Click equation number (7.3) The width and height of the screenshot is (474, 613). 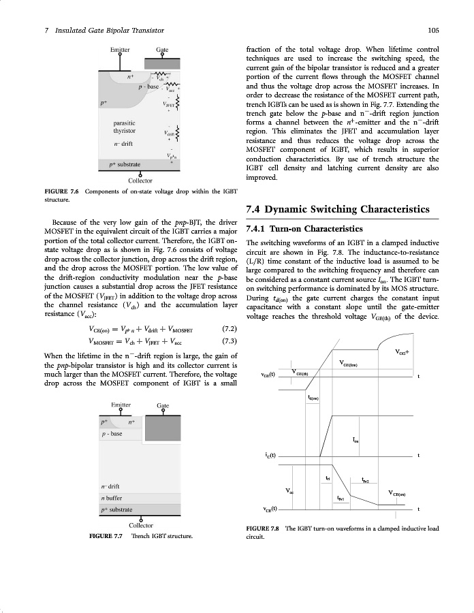tap(230, 341)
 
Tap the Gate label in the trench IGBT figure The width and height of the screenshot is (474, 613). tap(163, 405)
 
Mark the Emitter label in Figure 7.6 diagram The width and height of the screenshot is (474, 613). tap(121, 50)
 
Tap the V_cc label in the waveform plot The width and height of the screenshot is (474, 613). tap(290, 490)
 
